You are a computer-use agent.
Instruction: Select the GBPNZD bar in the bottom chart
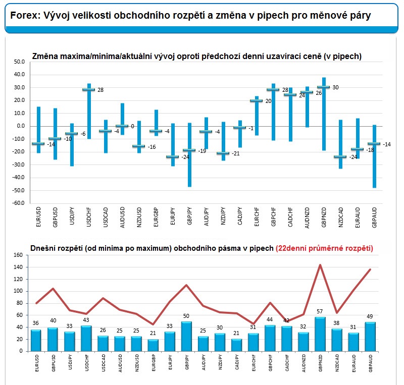[x=320, y=334]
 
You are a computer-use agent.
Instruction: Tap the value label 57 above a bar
[x=320, y=311]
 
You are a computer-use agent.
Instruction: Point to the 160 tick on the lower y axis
[x=18, y=255]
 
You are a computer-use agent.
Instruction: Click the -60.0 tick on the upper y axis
[x=18, y=203]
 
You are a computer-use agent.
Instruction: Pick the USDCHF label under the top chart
[x=89, y=217]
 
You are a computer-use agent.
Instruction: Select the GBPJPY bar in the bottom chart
[x=186, y=337]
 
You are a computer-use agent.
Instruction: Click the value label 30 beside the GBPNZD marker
[x=335, y=88]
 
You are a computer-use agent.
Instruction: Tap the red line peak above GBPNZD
[x=320, y=265]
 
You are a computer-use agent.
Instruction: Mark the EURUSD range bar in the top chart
[x=39, y=130]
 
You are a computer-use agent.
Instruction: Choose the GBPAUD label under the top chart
[x=374, y=217]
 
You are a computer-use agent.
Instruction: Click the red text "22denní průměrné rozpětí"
[x=324, y=248]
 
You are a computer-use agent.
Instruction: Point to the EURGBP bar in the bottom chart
[x=153, y=345]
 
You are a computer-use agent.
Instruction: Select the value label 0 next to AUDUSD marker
[x=132, y=126]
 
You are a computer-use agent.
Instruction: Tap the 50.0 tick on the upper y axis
[x=19, y=62]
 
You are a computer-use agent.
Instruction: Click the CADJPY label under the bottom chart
[x=237, y=362]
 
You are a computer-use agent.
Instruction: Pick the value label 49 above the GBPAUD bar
[x=370, y=316]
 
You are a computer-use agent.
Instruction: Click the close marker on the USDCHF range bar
[x=89, y=90]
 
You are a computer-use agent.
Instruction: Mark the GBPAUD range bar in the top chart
[x=374, y=156]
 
